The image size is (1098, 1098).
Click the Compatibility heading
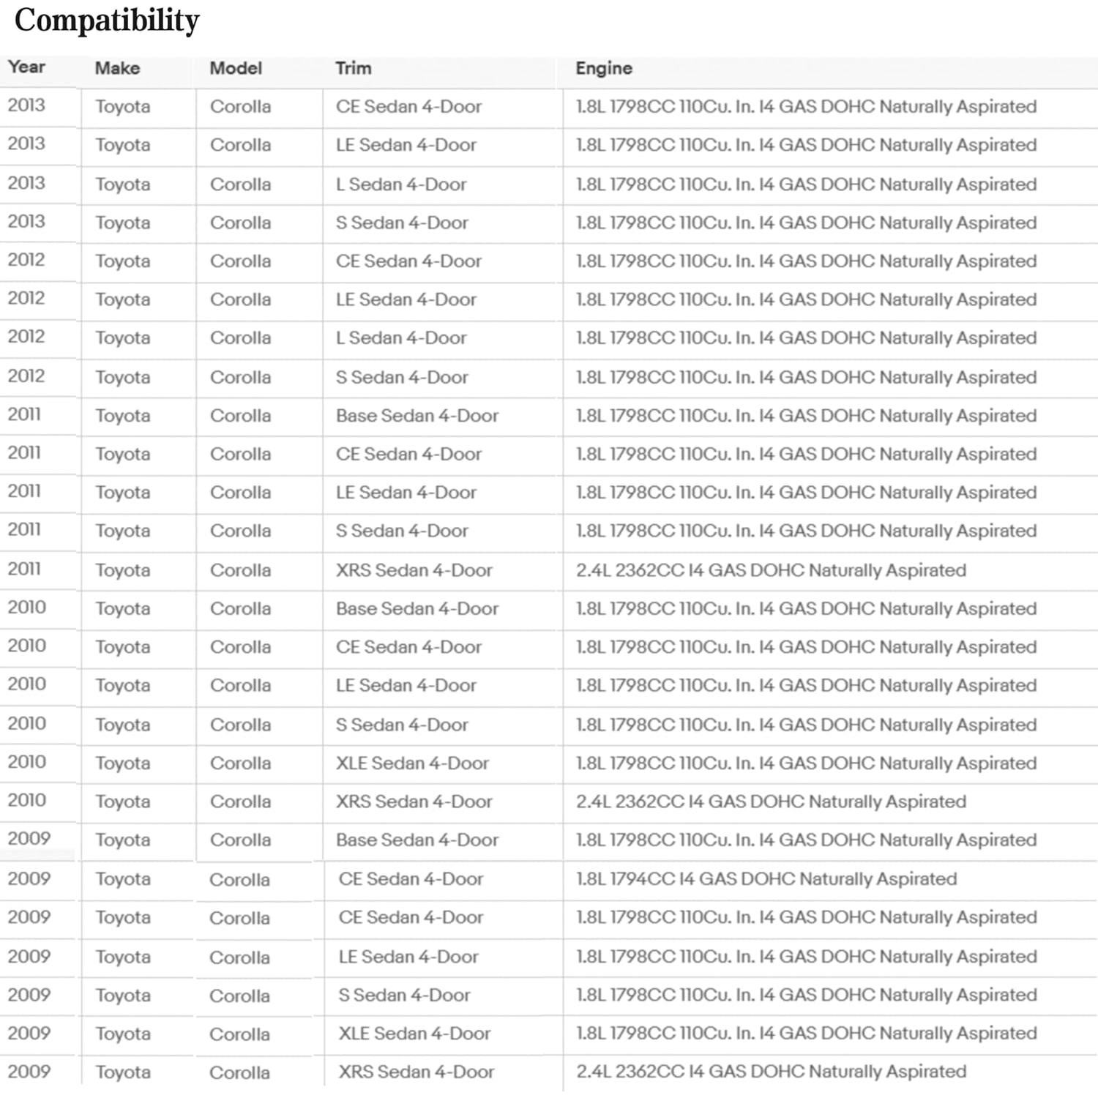click(107, 20)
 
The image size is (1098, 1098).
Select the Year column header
click(26, 67)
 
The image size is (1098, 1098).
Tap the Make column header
click(117, 68)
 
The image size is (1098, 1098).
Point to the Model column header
click(236, 68)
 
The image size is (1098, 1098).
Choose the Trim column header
click(354, 68)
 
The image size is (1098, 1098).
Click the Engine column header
click(604, 68)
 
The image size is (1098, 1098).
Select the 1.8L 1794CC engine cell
click(766, 878)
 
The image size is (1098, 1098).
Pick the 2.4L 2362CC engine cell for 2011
click(771, 569)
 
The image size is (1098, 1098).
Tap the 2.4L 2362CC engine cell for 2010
click(771, 801)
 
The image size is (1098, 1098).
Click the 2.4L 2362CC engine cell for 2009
click(771, 1071)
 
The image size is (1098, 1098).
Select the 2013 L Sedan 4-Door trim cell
click(401, 184)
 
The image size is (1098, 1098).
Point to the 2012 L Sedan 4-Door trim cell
click(401, 337)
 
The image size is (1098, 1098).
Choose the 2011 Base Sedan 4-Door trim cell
click(417, 415)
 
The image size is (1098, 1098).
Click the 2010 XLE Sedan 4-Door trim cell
click(412, 763)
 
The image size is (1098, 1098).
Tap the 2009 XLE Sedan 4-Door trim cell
click(414, 1033)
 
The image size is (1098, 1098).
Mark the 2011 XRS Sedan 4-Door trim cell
click(414, 569)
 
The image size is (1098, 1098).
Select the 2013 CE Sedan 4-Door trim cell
click(408, 106)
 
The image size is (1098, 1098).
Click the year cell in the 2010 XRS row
click(26, 800)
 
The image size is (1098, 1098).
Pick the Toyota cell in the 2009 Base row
click(123, 840)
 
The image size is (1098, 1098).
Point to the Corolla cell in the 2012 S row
click(240, 377)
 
